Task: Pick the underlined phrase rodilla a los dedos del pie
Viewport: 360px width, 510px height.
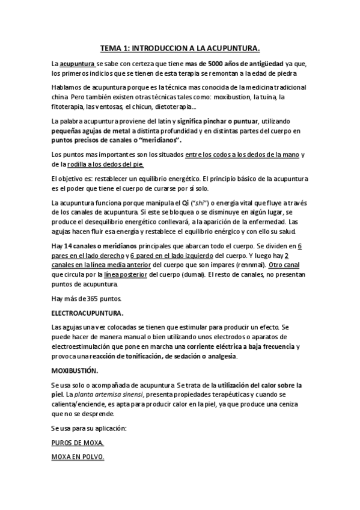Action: coord(110,164)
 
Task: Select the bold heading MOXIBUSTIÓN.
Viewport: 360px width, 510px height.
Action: coord(75,370)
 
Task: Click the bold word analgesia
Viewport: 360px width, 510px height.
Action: coord(221,356)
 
